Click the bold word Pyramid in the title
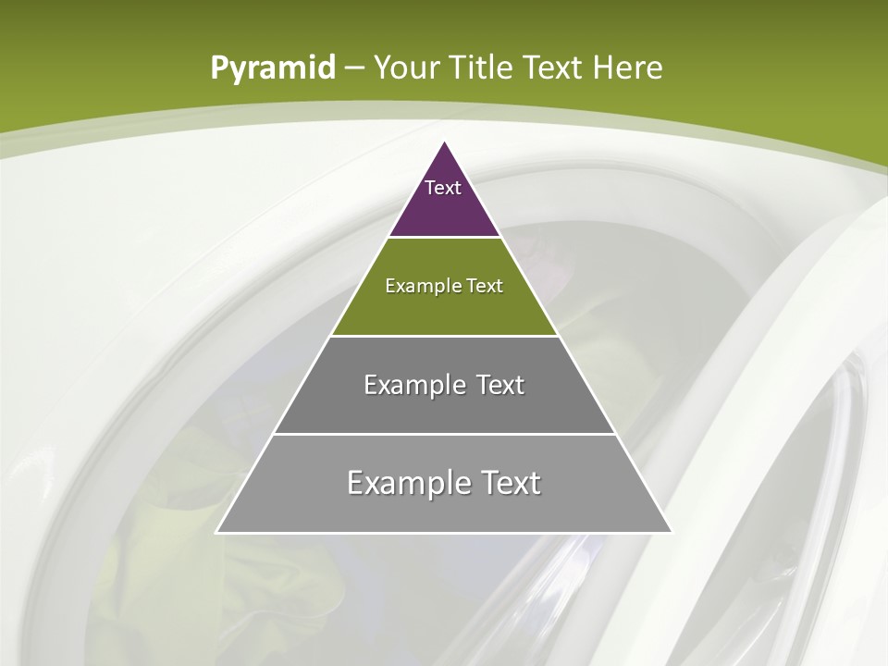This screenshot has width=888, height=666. coord(272,68)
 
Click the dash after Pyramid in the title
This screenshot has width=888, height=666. coord(353,68)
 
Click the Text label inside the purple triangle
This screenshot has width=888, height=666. coord(443,188)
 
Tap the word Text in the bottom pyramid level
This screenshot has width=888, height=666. coord(505,483)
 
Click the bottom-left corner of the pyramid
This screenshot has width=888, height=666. coord(216,533)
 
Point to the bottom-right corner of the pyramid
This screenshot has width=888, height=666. coord(672,533)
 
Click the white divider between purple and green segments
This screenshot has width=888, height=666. coord(444,238)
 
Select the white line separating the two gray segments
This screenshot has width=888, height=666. coord(444,434)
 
